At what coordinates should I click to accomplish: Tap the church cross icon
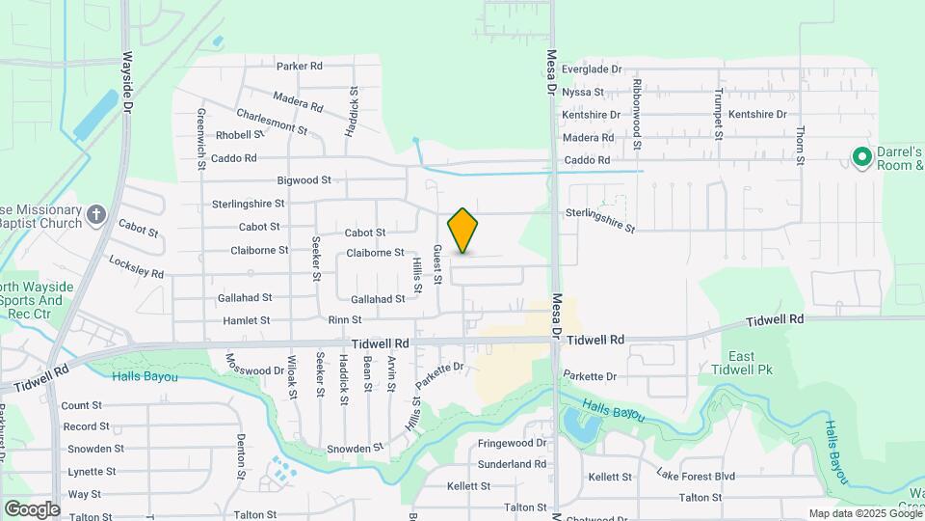click(x=96, y=214)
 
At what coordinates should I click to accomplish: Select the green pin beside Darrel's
click(x=860, y=156)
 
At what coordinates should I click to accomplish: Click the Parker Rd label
click(x=299, y=67)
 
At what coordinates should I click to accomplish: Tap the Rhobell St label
click(x=234, y=135)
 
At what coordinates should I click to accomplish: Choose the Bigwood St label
click(x=304, y=180)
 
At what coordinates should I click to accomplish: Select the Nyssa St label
click(x=583, y=93)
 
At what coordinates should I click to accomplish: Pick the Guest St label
click(x=436, y=264)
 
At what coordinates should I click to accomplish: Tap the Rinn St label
click(x=344, y=320)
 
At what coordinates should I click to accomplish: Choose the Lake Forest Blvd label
click(x=696, y=475)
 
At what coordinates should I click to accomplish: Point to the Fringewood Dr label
click(x=513, y=444)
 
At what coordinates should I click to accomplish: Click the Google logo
click(x=32, y=508)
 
